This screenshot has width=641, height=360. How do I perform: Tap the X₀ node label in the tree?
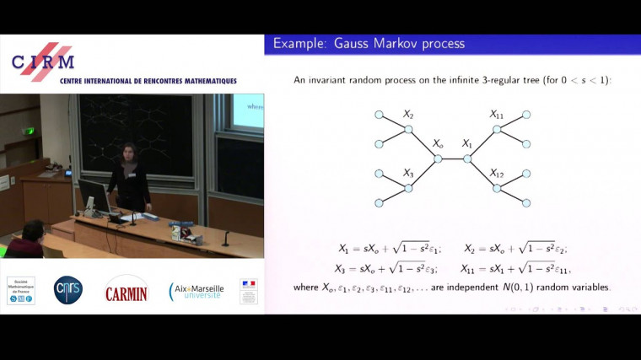coord(438,144)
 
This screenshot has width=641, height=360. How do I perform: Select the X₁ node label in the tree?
coord(467,144)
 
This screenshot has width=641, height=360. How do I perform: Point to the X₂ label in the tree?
coord(408,114)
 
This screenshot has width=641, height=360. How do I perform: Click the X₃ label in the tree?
coord(408,173)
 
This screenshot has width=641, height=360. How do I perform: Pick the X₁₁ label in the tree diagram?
coord(498,114)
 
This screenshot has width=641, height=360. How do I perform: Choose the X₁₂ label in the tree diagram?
coord(498,173)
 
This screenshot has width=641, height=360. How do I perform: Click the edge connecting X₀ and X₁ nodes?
coord(452,159)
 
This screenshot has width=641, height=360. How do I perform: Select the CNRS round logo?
coord(68,290)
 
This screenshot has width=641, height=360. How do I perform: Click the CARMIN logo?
coord(126,291)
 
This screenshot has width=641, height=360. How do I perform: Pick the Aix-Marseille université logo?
coord(197,291)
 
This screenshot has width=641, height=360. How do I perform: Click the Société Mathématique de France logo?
coord(20,290)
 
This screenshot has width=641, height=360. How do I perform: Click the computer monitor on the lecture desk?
coord(93,198)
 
